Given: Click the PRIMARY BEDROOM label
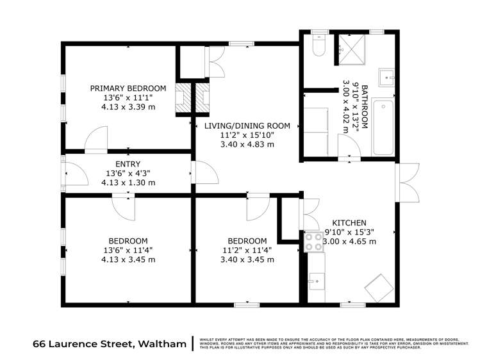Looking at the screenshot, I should pyautogui.click(x=128, y=88).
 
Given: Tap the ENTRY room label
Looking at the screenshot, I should pyautogui.click(x=128, y=164).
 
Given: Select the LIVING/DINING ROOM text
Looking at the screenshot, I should pyautogui.click(x=247, y=126).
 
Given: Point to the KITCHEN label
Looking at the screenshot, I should pyautogui.click(x=349, y=222).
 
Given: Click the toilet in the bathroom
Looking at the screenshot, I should pyautogui.click(x=319, y=46).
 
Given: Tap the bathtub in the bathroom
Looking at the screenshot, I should pyautogui.click(x=383, y=127).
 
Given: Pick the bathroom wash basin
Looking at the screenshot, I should pyautogui.click(x=387, y=77).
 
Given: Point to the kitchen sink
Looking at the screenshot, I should pyautogui.click(x=316, y=280).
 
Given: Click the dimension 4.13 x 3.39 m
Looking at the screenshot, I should pyautogui.click(x=128, y=107).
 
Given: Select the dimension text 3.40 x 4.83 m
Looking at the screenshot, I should pyautogui.click(x=247, y=145).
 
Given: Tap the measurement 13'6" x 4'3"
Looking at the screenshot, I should pyautogui.click(x=128, y=173).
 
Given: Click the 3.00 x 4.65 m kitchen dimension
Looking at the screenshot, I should pyautogui.click(x=349, y=241).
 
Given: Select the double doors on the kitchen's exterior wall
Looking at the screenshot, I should pyautogui.click(x=408, y=182).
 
